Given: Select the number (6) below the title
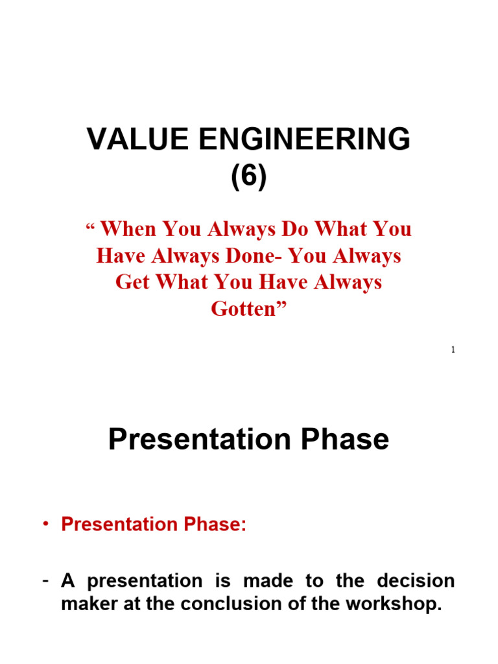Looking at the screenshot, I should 249,176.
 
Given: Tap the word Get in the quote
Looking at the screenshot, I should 136,283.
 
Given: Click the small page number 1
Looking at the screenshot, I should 453,350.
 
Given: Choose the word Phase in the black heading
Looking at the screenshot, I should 344,440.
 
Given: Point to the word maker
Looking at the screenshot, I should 88,604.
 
